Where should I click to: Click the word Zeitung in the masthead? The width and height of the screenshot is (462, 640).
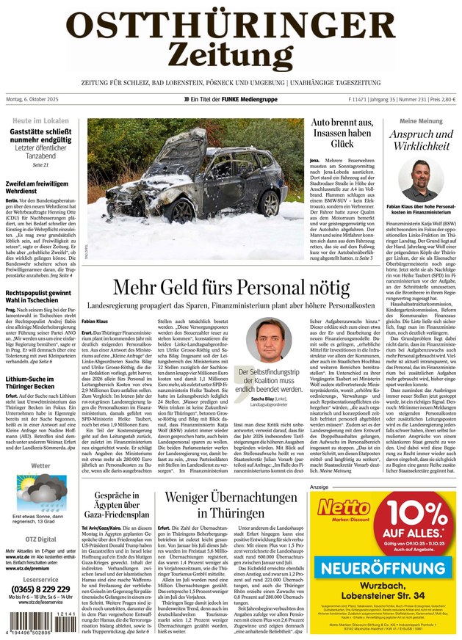pyautogui.click(x=231, y=54)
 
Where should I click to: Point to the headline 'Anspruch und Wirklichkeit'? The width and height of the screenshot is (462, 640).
pyautogui.click(x=421, y=140)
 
